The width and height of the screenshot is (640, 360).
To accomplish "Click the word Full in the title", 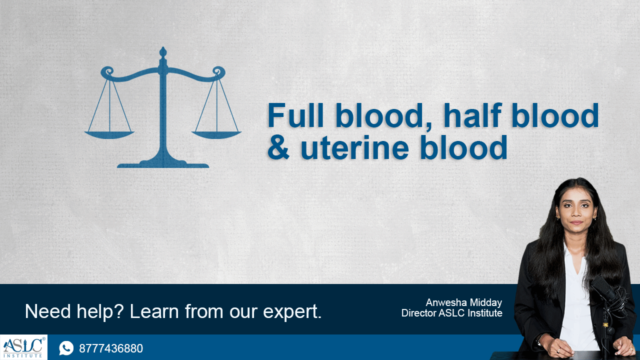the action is [x=295, y=115].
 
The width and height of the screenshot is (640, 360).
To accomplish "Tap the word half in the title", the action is [x=472, y=115].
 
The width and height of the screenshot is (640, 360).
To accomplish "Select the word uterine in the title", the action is [x=355, y=147].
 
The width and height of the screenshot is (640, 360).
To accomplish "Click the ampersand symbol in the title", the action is [x=278, y=147].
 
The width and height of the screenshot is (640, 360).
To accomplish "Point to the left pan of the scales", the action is [x=109, y=134].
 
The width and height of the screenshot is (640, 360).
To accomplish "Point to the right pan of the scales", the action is [x=216, y=134].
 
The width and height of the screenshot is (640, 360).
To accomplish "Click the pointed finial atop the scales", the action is [x=163, y=51].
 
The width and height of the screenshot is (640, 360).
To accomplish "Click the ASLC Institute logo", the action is [x=23, y=347].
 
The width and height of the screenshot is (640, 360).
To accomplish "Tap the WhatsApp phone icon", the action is [x=66, y=348].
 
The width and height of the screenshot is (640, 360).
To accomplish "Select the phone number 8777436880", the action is [x=111, y=348].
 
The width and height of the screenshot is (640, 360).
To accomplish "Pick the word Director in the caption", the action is [x=418, y=313].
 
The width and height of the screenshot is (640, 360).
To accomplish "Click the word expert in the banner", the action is [x=292, y=312].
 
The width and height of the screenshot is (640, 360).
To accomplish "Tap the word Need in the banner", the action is [x=47, y=311].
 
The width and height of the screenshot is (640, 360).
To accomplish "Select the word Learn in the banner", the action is [x=154, y=311].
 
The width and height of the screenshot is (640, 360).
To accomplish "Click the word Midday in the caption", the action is [x=486, y=302].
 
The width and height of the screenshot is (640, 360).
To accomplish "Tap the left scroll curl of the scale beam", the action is [x=107, y=71].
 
